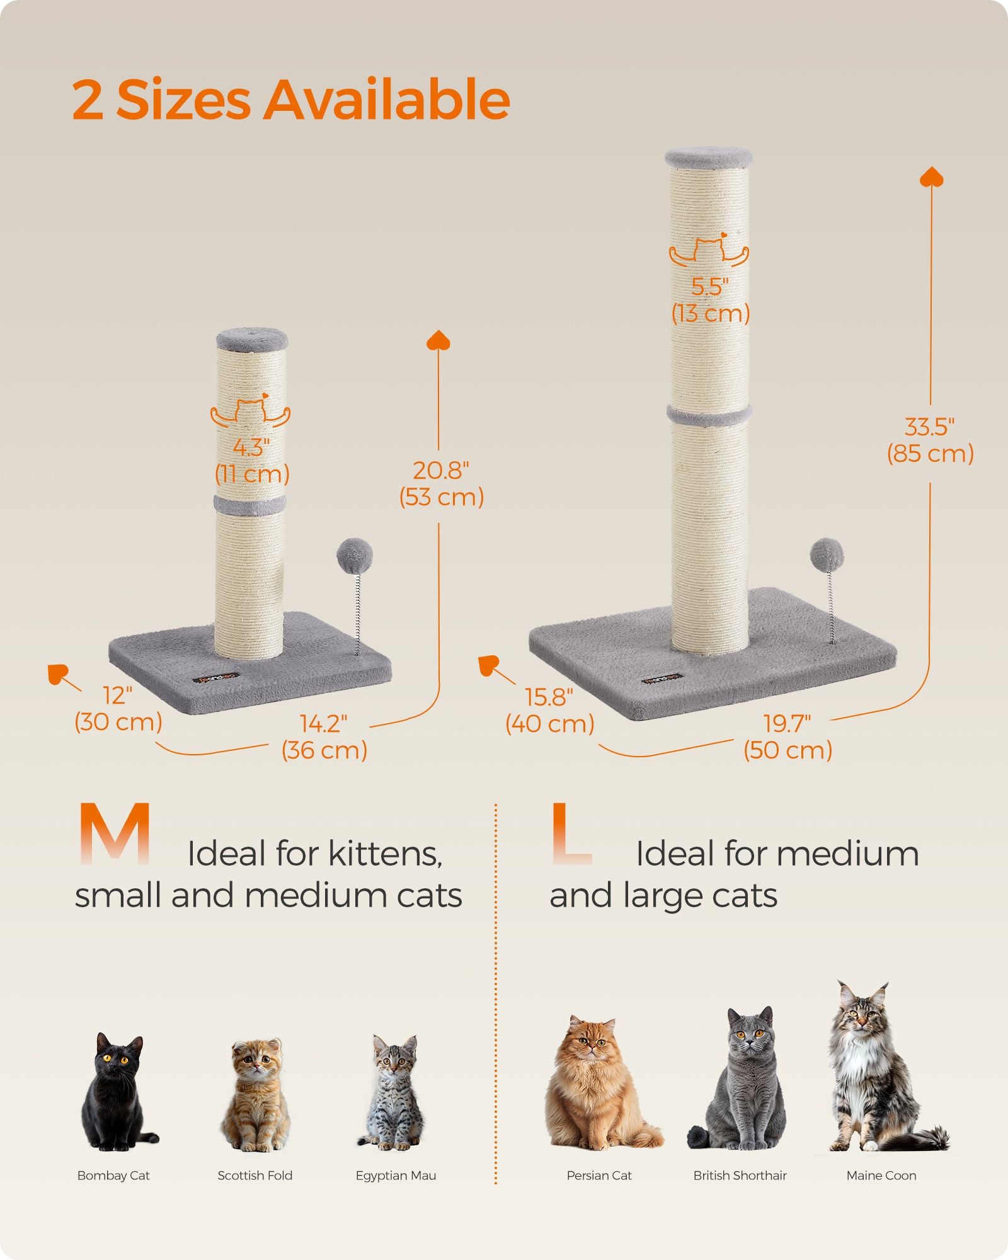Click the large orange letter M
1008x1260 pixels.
tap(115, 833)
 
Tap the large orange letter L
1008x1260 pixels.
tap(570, 833)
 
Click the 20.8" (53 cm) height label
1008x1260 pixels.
tap(441, 484)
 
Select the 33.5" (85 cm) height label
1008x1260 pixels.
tap(930, 440)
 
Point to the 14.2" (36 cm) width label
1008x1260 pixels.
tap(324, 737)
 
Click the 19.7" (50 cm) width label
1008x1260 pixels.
tap(787, 737)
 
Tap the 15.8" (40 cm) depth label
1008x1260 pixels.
tap(549, 711)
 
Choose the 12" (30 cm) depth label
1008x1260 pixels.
tap(118, 709)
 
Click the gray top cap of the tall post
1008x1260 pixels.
tap(709, 157)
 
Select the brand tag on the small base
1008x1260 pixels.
tap(217, 678)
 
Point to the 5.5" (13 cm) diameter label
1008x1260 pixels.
tap(711, 300)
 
